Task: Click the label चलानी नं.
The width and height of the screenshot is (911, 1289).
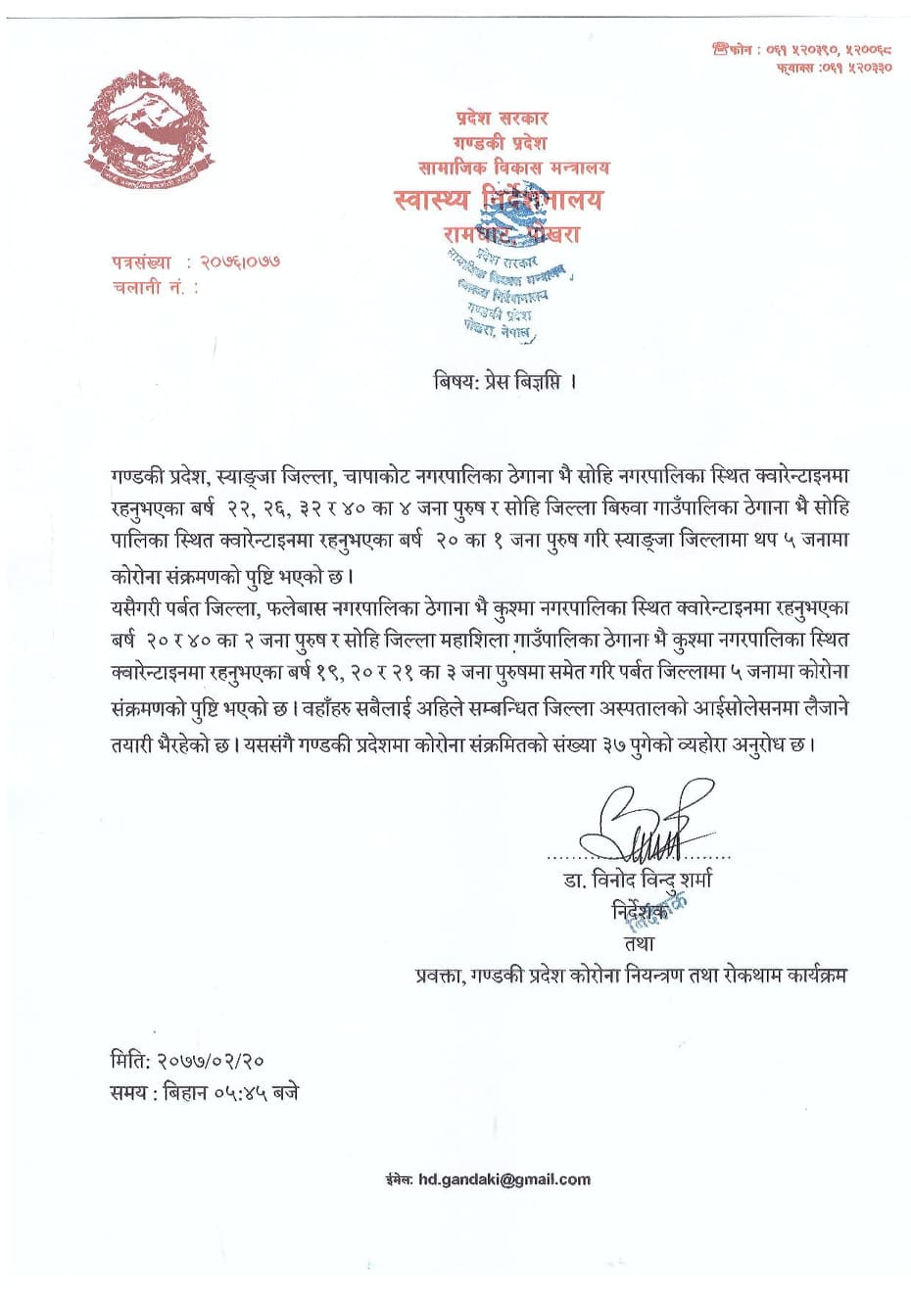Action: (154, 288)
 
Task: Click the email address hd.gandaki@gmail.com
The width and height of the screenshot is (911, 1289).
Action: (503, 1179)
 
